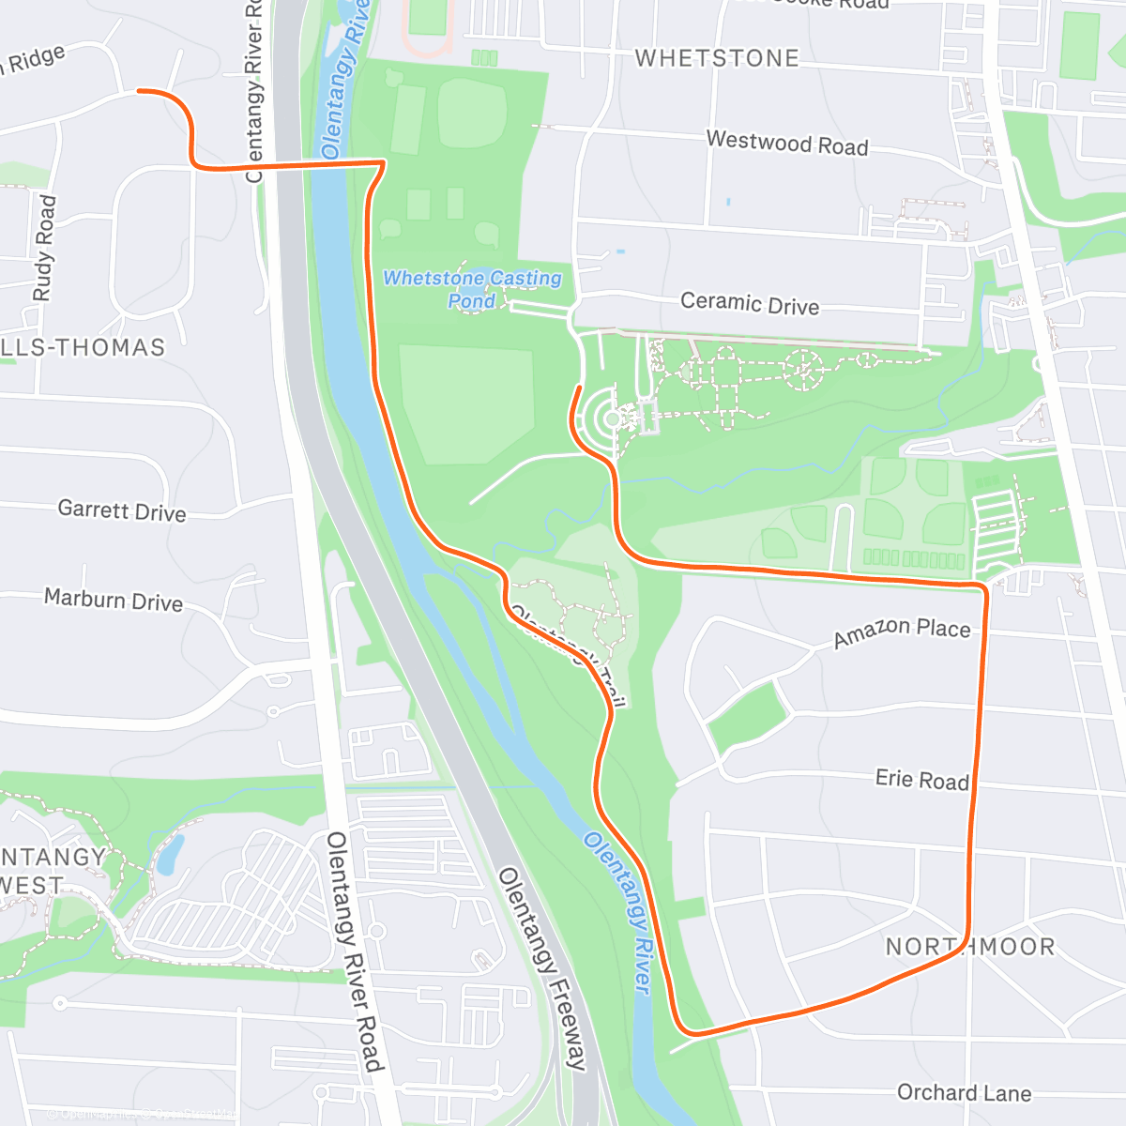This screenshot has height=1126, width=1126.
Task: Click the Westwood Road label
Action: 786,143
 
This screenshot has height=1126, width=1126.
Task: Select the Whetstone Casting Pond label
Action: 472,289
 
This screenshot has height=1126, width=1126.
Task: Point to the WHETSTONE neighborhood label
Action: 717,58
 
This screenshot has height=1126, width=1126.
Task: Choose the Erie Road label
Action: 921,780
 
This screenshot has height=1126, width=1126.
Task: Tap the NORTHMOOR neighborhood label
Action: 970,946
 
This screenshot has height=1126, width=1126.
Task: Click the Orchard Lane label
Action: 964,1093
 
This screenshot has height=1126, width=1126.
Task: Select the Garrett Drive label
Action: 122,510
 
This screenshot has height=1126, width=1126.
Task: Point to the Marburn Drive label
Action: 114,600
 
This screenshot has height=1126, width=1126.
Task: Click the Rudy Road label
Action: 44,249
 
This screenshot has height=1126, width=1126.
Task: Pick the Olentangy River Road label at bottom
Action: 355,951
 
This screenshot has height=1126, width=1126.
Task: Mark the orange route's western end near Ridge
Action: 140,91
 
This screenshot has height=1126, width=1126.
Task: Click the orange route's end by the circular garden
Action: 579,388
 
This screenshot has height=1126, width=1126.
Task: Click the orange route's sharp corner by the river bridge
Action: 383,163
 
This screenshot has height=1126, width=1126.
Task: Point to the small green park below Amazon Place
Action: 746,715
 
